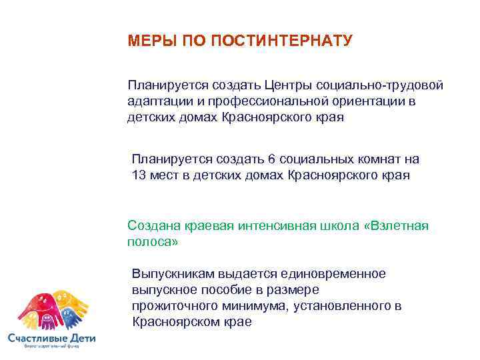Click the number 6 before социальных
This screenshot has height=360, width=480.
[x=271, y=159]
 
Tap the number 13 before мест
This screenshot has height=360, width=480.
[x=139, y=175]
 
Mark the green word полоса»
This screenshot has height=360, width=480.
[x=153, y=242]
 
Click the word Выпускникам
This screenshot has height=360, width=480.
[x=172, y=274]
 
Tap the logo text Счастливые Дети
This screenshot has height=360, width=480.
[x=51, y=339]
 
